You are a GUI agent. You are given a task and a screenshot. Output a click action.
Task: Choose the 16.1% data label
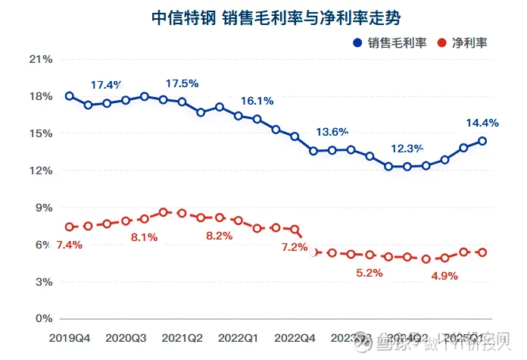(257, 101)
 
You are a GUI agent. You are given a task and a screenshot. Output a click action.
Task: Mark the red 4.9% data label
(444, 276)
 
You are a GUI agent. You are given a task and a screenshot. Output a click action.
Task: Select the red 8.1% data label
(143, 237)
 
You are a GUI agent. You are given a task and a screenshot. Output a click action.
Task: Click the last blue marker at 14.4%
(482, 141)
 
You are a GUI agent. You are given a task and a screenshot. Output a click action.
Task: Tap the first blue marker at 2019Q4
(70, 96)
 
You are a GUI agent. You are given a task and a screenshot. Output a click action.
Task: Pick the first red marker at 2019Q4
(70, 227)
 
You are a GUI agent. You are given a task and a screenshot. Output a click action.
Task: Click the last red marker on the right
(482, 252)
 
